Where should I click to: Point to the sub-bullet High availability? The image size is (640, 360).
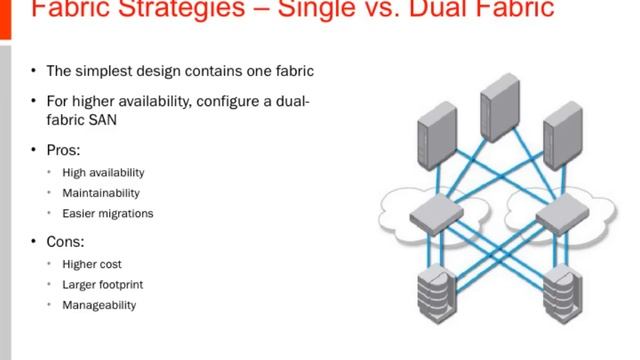(x=103, y=173)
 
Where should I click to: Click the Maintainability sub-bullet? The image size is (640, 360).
(x=101, y=193)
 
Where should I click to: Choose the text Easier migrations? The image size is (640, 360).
(x=107, y=213)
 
